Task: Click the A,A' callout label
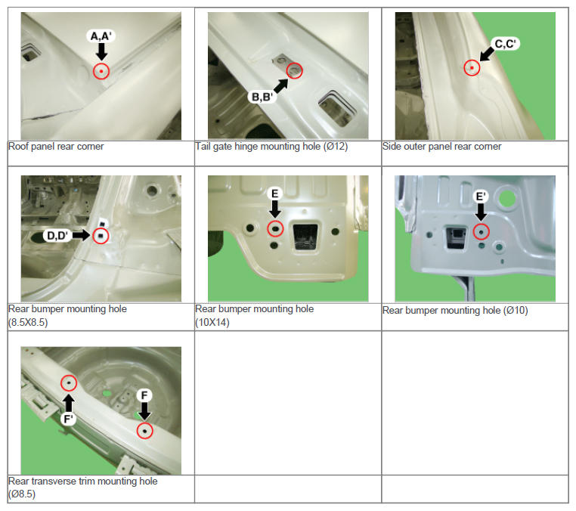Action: (101, 36)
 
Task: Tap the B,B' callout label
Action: (262, 97)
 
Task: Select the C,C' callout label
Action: (506, 44)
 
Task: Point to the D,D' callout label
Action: (57, 236)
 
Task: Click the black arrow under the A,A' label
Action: (101, 51)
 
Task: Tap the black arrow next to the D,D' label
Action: (81, 235)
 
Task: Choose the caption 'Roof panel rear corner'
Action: (56, 147)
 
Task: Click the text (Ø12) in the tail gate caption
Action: (336, 147)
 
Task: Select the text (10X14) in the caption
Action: (212, 323)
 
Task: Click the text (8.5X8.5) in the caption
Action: (28, 323)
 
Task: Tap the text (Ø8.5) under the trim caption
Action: (22, 494)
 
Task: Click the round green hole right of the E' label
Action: (507, 199)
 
